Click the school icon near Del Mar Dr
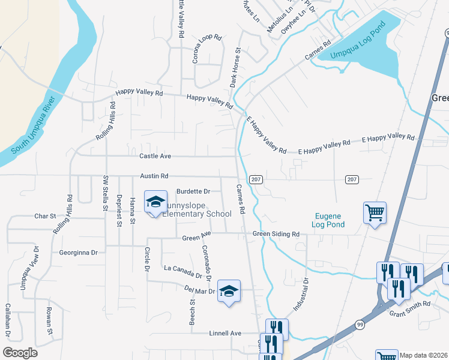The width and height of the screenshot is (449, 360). tap(229, 292)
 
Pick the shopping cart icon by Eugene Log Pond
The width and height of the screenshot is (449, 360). tap(375, 213)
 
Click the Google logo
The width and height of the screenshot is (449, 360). tap(20, 352)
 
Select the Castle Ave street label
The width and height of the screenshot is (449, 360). tap(155, 156)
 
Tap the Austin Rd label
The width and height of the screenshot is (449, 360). tap(154, 176)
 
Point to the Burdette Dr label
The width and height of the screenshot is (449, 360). tap(193, 191)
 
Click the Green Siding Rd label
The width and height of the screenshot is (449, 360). tap(276, 234)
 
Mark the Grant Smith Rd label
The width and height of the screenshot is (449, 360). tap(410, 304)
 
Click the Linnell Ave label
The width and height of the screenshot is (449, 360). tap(224, 333)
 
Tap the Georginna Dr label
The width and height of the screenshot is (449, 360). tap(78, 253)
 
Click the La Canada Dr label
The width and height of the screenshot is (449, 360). tap(183, 272)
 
